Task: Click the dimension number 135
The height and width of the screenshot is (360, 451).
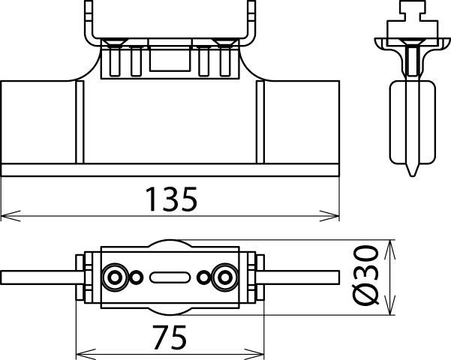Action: coord(170,199)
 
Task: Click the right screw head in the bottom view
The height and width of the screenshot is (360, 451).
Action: coord(224,277)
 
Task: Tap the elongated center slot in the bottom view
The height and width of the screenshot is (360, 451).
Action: coord(170,277)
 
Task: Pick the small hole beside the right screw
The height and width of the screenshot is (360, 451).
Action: coord(203,277)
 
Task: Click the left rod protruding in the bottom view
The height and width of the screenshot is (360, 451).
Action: coord(38,277)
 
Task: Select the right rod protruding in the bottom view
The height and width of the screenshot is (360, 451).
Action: coord(300,277)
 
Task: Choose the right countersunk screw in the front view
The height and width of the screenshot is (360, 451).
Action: coord(223,40)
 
